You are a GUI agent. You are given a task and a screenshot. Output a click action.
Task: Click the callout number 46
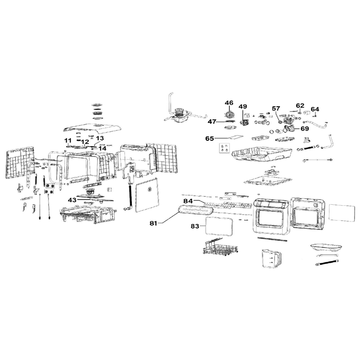click(229, 103)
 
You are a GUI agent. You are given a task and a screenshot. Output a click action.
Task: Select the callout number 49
click(243, 107)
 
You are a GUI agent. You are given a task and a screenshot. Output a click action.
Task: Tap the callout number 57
click(276, 108)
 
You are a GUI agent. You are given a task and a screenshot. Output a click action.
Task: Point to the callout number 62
click(300, 106)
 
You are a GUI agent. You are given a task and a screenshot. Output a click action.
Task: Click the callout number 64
click(315, 109)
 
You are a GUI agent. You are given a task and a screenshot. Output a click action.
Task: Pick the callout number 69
click(305, 129)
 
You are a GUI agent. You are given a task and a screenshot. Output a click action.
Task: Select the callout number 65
click(210, 139)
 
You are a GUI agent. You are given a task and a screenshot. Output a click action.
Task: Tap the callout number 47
click(212, 121)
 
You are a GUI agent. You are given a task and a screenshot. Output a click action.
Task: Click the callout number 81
click(153, 223)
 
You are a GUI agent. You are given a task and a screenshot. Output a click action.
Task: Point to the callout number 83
click(195, 226)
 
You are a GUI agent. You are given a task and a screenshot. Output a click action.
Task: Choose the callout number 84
click(188, 201)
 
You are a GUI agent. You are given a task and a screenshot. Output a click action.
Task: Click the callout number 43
click(72, 200)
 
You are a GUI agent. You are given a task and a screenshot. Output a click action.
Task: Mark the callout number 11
click(68, 140)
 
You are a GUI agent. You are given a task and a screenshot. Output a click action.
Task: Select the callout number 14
click(103, 148)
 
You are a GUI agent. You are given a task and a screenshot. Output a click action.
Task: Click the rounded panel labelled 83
click(219, 226)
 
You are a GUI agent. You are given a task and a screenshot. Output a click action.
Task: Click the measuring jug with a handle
click(271, 258)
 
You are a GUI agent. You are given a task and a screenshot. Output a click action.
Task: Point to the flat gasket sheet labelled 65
click(235, 137)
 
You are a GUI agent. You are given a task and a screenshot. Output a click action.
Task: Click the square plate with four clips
click(224, 148)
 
